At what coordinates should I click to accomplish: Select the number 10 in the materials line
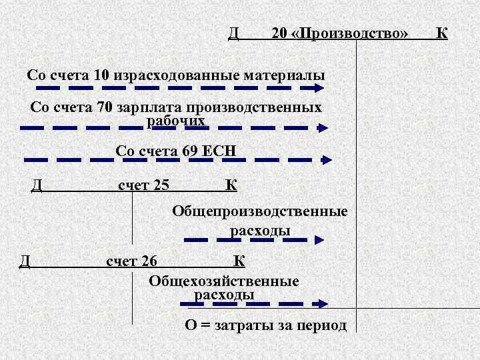click(102, 75)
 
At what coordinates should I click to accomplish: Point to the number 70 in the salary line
click(105, 107)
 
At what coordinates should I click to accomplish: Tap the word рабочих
click(175, 121)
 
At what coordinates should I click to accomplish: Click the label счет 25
click(143, 185)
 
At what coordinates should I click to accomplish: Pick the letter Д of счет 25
click(37, 185)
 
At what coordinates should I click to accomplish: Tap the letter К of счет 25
click(231, 185)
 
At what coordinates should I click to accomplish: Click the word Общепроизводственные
click(260, 212)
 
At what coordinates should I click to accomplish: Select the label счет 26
click(132, 261)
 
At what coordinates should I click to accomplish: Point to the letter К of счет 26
click(238, 261)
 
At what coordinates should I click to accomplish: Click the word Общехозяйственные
click(224, 281)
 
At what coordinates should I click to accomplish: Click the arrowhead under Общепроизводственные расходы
click(321, 239)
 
